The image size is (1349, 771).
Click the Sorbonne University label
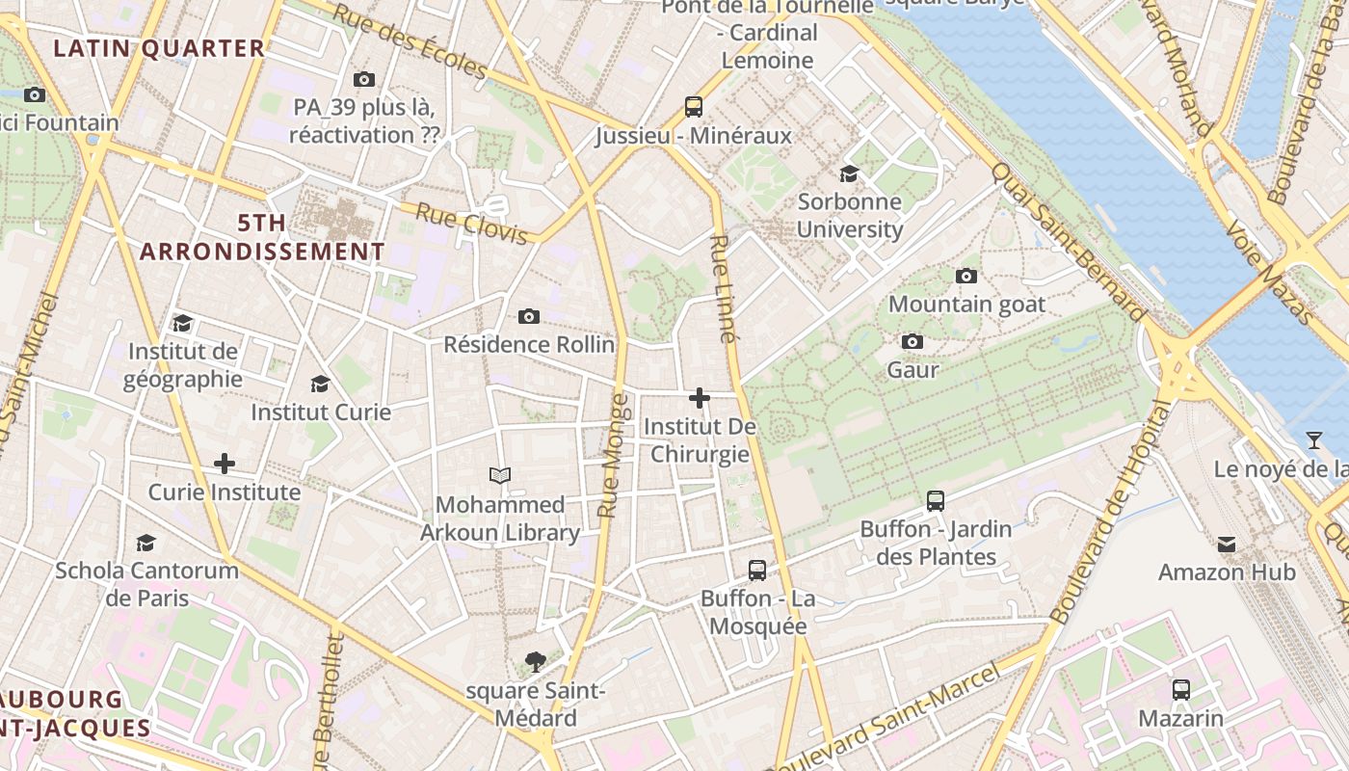849,216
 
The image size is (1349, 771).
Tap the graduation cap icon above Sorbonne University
849,173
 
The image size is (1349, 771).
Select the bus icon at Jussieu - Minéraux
694,107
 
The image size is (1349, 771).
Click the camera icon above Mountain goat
965,277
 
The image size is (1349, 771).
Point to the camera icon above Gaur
912,342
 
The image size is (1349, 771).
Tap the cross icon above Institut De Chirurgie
700,398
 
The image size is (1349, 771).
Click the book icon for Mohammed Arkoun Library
500,475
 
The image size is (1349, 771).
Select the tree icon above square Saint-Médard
536,662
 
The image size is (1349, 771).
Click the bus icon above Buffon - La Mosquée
757,571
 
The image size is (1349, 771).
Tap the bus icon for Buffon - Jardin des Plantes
935,501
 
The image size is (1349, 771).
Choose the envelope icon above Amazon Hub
1227,545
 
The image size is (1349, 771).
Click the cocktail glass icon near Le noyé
1313,440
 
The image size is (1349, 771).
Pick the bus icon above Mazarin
1180,690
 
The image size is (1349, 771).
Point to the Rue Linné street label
723,288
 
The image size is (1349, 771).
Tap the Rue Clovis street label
471,223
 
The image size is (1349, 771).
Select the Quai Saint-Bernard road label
1070,240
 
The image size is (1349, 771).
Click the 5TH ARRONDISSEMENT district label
262,237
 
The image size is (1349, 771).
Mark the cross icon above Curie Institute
224,464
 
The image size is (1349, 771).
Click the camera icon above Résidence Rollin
528,316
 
